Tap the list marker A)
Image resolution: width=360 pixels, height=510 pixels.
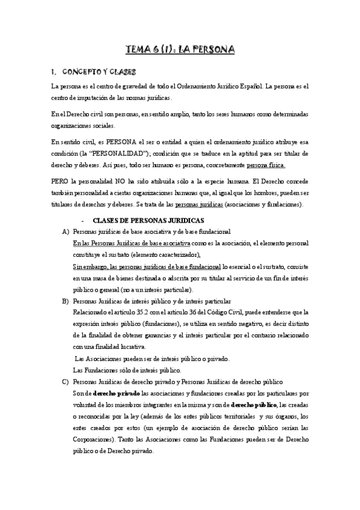(65, 232)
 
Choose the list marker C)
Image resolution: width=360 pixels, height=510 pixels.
(65, 382)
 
